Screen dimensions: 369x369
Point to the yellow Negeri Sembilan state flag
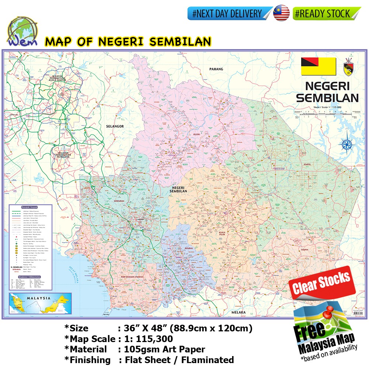[318, 66]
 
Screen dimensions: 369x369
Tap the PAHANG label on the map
[216, 69]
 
